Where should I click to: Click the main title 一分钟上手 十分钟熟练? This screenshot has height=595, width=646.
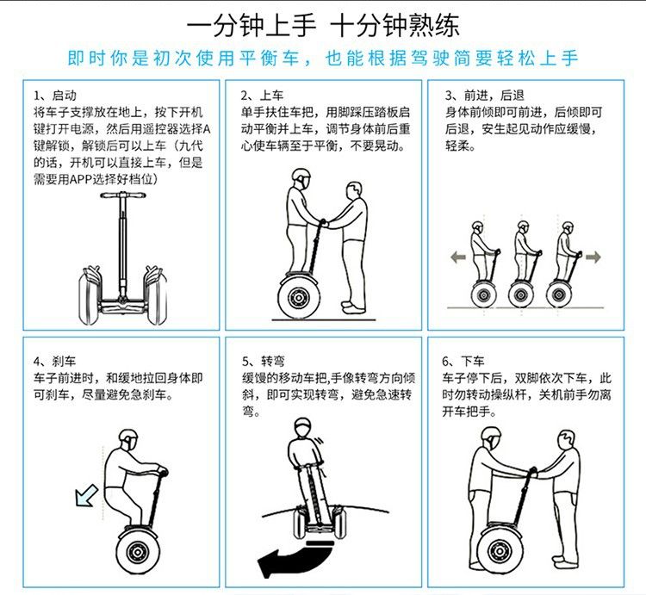pyautogui.click(x=323, y=26)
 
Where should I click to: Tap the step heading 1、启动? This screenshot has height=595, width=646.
pyautogui.click(x=55, y=96)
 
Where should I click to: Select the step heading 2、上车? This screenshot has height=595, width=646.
pyautogui.click(x=263, y=96)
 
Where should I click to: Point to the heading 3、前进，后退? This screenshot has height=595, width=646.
pyautogui.click(x=484, y=96)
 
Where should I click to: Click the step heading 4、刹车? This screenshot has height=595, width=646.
pyautogui.click(x=55, y=362)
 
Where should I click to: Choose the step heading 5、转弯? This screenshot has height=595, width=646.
pyautogui.click(x=264, y=362)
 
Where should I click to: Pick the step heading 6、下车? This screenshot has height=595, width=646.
pyautogui.click(x=463, y=362)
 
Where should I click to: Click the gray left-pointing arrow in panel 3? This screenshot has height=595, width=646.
pyautogui.click(x=458, y=257)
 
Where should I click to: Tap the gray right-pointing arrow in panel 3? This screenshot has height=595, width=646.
pyautogui.click(x=593, y=257)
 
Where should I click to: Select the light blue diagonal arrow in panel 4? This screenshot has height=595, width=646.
pyautogui.click(x=86, y=495)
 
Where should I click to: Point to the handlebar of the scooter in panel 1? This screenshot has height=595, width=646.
pyautogui.click(x=123, y=195)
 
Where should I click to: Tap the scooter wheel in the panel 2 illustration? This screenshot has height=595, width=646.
pyautogui.click(x=298, y=297)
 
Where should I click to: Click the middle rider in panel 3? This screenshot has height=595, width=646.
pyautogui.click(x=523, y=264)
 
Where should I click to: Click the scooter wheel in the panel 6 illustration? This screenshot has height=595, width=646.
pyautogui.click(x=500, y=549)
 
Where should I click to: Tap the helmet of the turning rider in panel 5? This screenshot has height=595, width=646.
pyautogui.click(x=303, y=425)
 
